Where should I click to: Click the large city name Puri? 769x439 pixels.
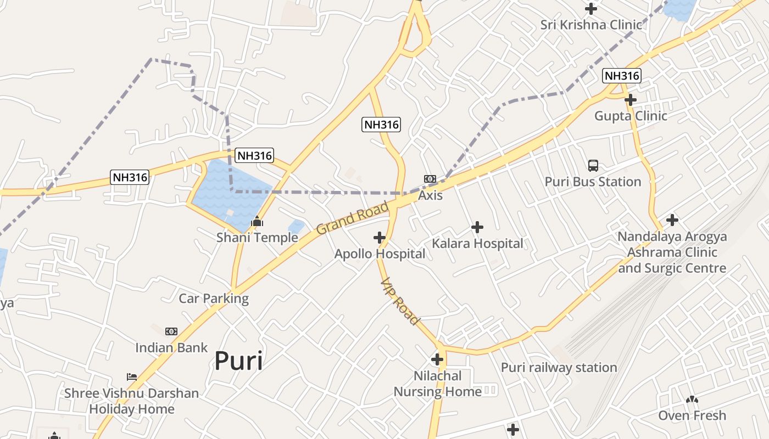click(x=238, y=361)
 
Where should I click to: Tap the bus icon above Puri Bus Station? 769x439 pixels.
click(x=593, y=165)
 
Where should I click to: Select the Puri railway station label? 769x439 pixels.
click(x=559, y=367)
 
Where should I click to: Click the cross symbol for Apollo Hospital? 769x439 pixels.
click(x=379, y=238)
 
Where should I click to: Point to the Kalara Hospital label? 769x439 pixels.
click(x=477, y=243)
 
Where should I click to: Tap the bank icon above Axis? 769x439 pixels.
click(x=430, y=179)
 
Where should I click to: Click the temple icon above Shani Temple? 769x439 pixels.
click(x=257, y=222)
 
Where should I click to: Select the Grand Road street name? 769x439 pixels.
click(x=352, y=218)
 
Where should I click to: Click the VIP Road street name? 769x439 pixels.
click(x=400, y=301)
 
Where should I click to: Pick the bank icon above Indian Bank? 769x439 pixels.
click(x=171, y=331)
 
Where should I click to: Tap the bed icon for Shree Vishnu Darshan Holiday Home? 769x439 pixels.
click(x=132, y=377)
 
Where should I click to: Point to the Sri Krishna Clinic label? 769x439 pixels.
click(x=591, y=25)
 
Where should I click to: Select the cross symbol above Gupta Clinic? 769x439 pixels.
click(x=631, y=100)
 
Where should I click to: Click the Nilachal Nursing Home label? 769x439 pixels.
click(x=437, y=384)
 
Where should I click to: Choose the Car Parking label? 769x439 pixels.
click(x=214, y=299)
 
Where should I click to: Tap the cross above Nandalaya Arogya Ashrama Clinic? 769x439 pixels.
click(x=672, y=221)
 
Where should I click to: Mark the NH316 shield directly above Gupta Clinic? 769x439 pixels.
click(x=621, y=76)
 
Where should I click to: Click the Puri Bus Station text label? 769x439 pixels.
click(x=593, y=182)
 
